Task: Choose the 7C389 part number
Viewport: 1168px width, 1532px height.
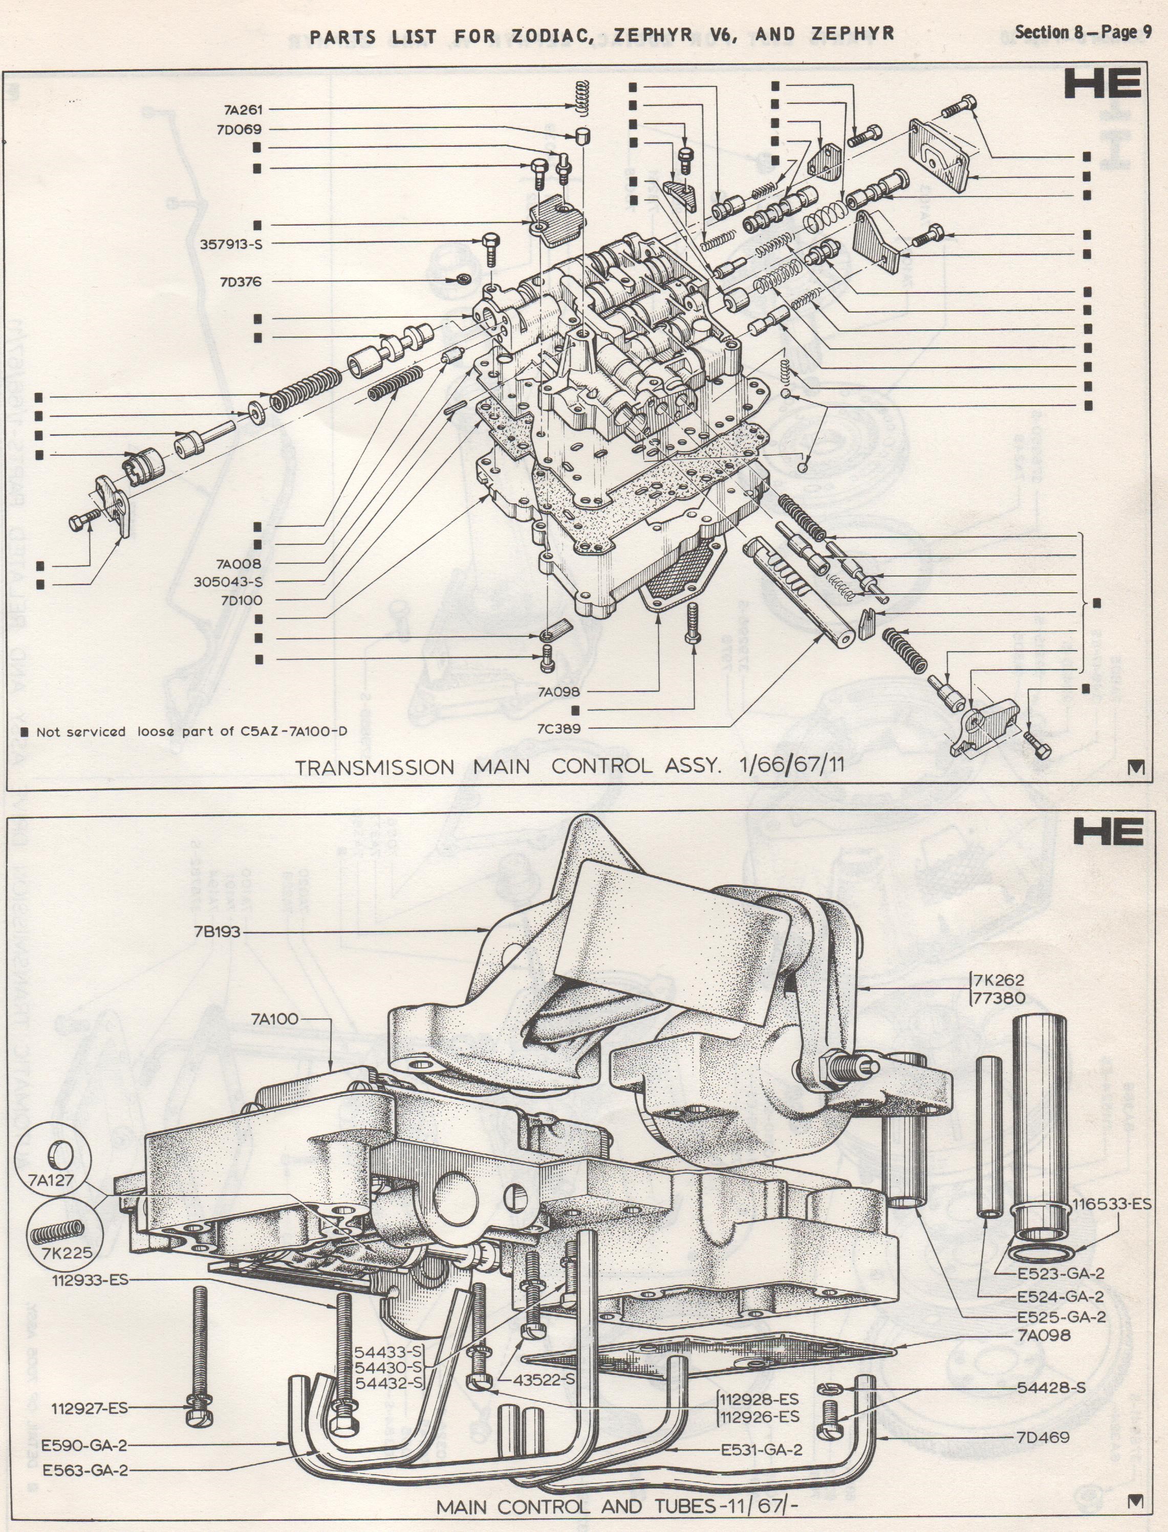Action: tap(558, 729)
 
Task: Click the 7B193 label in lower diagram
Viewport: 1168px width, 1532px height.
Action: tap(217, 931)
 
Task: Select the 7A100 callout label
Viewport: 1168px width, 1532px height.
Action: tap(275, 1019)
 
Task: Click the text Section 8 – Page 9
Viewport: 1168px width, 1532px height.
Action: tap(1083, 32)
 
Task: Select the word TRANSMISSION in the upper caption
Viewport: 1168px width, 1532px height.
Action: tap(375, 767)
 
